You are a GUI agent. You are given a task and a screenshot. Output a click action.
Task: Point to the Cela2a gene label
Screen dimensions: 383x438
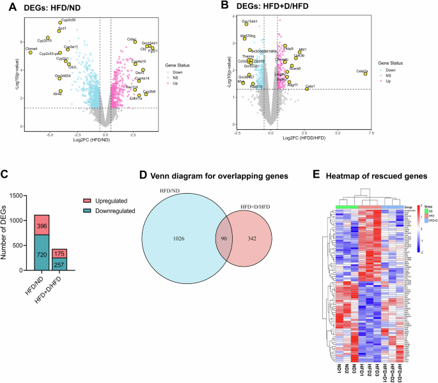pyautogui.click(x=362, y=71)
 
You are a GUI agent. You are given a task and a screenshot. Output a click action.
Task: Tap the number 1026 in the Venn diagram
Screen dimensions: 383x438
pyautogui.click(x=178, y=238)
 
